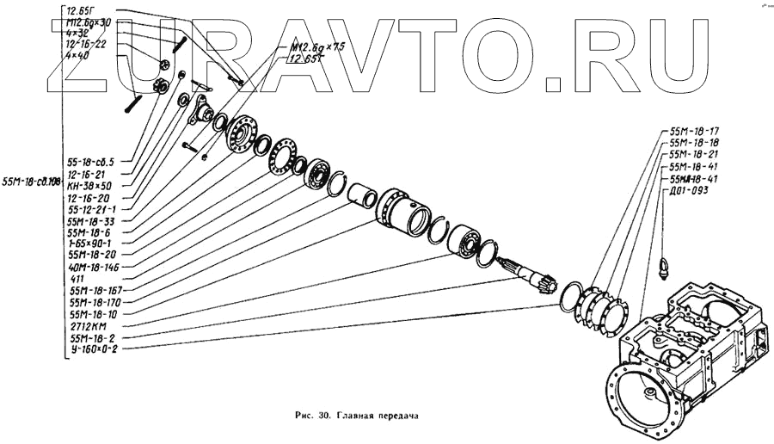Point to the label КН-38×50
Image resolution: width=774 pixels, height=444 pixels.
coord(89,185)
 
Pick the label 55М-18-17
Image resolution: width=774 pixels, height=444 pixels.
coord(692,131)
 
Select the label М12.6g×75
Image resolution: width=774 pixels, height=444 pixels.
coord(307,48)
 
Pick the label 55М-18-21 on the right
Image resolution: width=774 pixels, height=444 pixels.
coord(692,155)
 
